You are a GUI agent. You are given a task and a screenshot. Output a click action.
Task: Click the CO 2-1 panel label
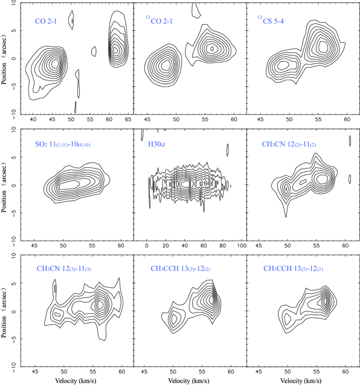pos(46,21)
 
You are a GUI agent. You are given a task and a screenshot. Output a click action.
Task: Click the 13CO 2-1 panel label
pos(159,21)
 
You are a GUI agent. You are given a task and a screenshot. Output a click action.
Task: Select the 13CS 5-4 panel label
pos(271,21)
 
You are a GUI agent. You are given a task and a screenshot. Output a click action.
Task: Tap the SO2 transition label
pos(63,144)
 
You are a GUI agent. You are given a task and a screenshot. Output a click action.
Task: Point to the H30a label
pos(156,144)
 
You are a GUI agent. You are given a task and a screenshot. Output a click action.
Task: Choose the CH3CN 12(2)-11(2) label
pos(289,144)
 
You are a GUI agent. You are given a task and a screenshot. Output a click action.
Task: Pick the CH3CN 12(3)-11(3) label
pos(64,269)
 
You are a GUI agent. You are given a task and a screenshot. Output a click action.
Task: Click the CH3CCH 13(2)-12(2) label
pos(181,269)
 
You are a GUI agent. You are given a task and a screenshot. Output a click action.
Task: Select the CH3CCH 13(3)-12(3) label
pos(293,269)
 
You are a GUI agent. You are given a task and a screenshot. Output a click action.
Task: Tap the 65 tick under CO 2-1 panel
pos(128,119)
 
